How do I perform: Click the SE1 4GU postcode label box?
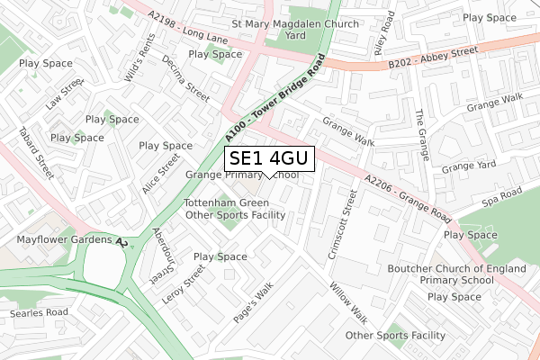(x=269, y=159)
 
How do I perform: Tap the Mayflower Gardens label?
(x=58, y=240)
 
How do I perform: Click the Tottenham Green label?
(x=226, y=202)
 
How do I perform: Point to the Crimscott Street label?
(x=339, y=225)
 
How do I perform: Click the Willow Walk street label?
(x=348, y=302)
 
